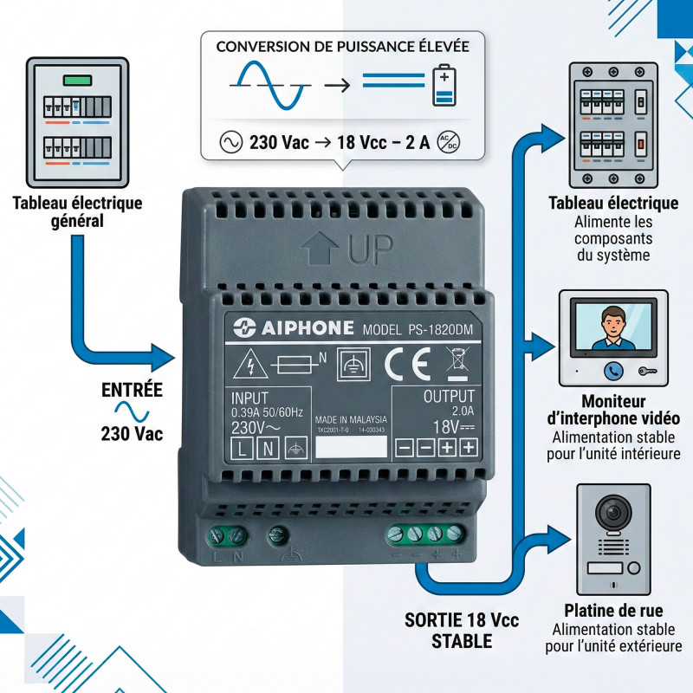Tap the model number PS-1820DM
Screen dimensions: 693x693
pos(411,329)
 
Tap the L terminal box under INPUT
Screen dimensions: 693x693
pos(242,448)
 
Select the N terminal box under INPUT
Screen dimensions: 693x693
pos(269,448)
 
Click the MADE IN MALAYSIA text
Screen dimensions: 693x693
pos(350,418)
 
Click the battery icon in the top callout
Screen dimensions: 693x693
pos(444,84)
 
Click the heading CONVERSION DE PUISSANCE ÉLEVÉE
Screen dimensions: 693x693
pos(342,45)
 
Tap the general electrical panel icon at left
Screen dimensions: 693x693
pos(77,122)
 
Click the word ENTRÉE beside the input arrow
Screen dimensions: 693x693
pos(133,390)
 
